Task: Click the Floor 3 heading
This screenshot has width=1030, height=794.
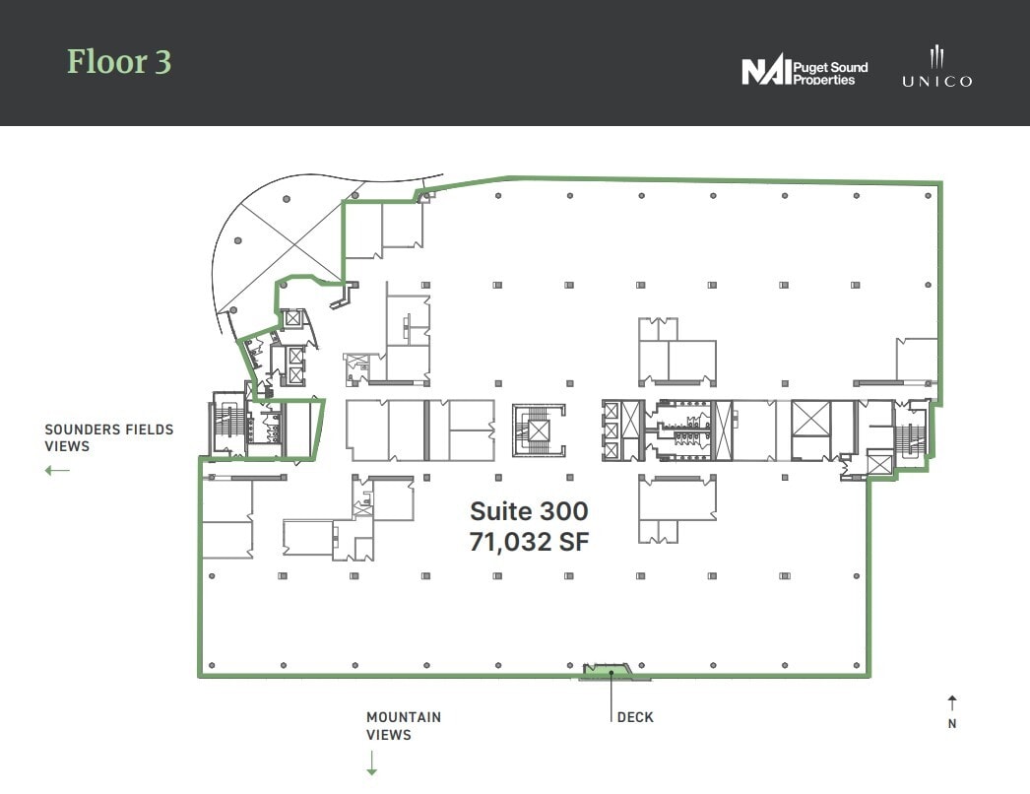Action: (119, 62)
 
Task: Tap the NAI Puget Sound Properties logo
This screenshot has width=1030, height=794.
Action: (804, 72)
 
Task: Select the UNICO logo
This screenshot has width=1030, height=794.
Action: (935, 67)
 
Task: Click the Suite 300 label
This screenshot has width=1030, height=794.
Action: (529, 511)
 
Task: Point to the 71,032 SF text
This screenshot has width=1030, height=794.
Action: (529, 541)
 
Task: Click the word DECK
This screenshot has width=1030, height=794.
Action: (635, 717)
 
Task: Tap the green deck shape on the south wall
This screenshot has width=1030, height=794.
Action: (612, 673)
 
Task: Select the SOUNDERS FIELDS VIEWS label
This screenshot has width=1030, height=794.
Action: (108, 437)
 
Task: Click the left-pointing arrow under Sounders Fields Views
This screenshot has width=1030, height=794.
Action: (57, 470)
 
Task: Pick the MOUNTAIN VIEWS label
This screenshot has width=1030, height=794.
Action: (404, 726)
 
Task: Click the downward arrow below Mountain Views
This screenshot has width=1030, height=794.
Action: (372, 762)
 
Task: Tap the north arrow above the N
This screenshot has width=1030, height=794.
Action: (952, 702)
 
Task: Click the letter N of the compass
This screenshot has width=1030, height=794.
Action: (952, 724)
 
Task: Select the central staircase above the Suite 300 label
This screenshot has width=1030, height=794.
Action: (539, 430)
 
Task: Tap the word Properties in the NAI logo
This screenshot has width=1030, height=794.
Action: (824, 79)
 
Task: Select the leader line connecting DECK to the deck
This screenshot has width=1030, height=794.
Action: (612, 694)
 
